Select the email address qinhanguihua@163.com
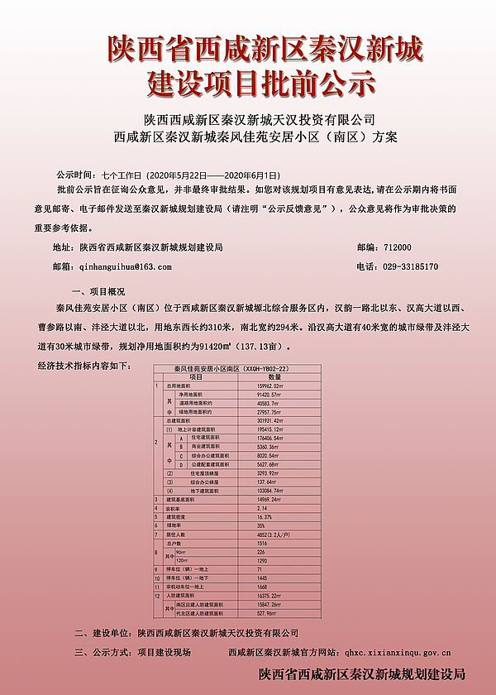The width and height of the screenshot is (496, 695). (x=123, y=267)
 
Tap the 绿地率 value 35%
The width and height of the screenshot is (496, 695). (x=261, y=526)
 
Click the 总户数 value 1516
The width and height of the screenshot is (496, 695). (x=262, y=544)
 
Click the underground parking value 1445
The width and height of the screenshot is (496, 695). (x=262, y=578)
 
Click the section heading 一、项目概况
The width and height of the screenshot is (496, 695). (x=99, y=291)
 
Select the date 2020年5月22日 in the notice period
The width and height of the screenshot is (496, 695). (x=175, y=176)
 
